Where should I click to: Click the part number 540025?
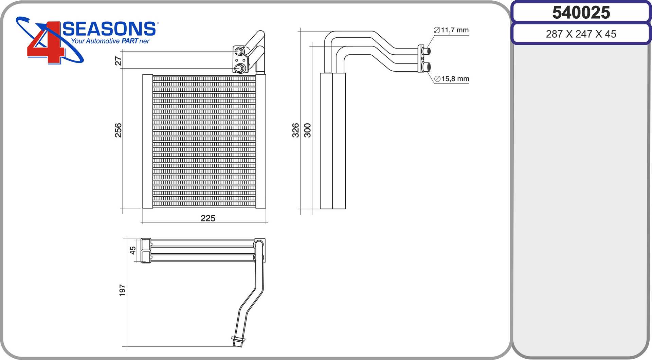(x=581, y=13)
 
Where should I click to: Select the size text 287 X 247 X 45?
(x=581, y=34)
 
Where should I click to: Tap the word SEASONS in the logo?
(x=109, y=29)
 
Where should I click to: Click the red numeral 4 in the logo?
(x=46, y=42)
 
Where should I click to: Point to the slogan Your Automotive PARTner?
(x=110, y=41)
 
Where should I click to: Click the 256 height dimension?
(x=118, y=130)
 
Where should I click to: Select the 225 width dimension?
(x=208, y=218)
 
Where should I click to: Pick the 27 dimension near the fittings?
(x=118, y=61)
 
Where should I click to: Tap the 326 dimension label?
(x=295, y=130)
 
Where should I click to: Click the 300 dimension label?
(x=307, y=130)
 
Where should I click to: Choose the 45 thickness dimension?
(x=133, y=250)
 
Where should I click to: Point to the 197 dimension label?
(x=122, y=290)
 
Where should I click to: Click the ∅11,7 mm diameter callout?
(x=451, y=30)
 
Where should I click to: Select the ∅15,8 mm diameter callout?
(x=452, y=79)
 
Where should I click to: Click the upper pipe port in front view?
(x=239, y=52)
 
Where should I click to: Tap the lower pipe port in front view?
(x=240, y=68)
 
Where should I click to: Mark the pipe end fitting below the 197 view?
(x=238, y=341)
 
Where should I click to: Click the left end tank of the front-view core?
(x=147, y=141)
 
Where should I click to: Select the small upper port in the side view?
(x=427, y=52)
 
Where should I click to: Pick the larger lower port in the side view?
(x=427, y=67)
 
